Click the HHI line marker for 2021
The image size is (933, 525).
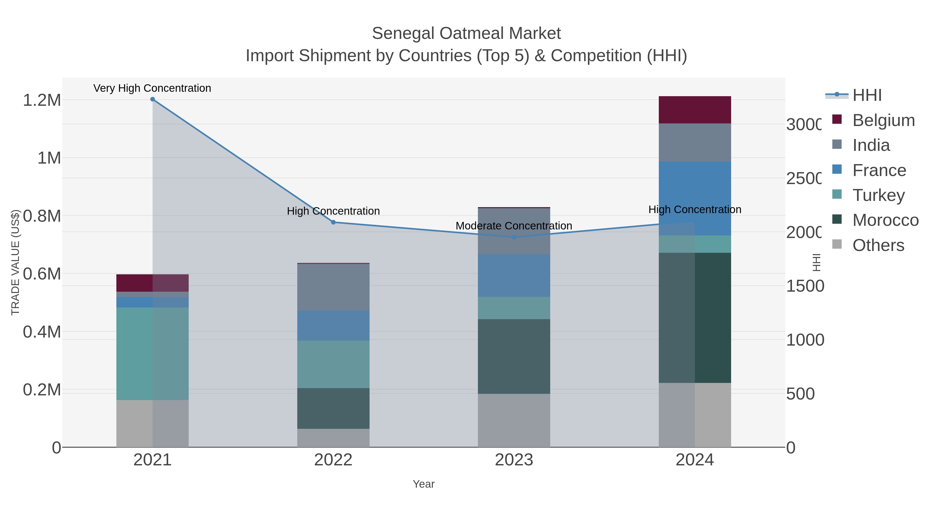[152, 99]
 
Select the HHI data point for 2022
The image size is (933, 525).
[333, 222]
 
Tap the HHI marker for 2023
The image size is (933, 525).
[514, 237]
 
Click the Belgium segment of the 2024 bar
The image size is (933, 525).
[695, 110]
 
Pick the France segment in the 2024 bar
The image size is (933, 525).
[695, 199]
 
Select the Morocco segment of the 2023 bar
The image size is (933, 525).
[514, 356]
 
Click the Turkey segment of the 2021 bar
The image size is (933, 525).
[152, 354]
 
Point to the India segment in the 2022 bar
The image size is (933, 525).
[333, 287]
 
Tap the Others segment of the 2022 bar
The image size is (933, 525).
[333, 438]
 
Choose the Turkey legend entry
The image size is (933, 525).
[878, 195]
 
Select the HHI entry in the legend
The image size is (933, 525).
[866, 95]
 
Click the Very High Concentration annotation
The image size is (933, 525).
[152, 88]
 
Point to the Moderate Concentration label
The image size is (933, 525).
[514, 226]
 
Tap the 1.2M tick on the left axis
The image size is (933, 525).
[42, 100]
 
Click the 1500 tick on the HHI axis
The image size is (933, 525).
[805, 286]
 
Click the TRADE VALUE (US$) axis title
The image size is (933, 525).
[15, 262]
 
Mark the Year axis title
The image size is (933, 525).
[423, 484]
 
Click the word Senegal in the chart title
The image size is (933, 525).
[403, 33]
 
